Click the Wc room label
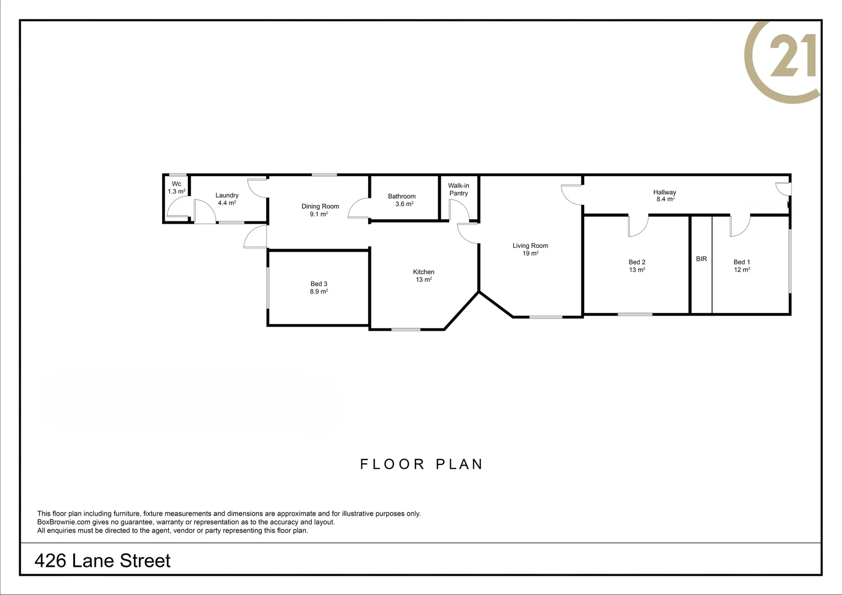[x=176, y=188]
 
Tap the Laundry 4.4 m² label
[x=226, y=199]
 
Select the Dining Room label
[x=320, y=210]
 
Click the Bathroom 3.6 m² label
[x=402, y=200]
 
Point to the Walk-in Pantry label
[x=458, y=190]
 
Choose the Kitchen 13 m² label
[x=423, y=275]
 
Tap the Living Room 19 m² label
[x=530, y=250]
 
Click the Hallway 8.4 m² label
[x=665, y=196]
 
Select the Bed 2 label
[x=636, y=266]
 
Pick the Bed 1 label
[x=741, y=266]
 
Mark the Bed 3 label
[x=319, y=288]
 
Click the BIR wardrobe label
[x=701, y=259]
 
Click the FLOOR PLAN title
[x=422, y=464]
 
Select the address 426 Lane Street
[x=102, y=561]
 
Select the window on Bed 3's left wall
[x=268, y=288]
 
